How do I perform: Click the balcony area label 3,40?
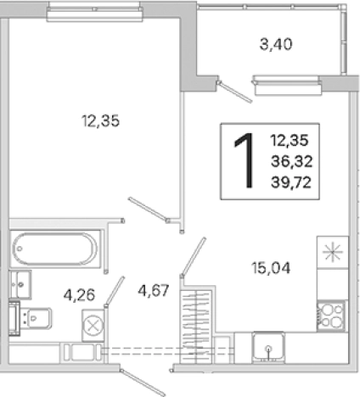276,45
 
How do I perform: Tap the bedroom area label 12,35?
101,121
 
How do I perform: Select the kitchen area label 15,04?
271,268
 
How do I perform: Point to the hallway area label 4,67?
154,290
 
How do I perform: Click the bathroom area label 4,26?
79,295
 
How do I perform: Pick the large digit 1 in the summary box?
245,160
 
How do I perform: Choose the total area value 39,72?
291,182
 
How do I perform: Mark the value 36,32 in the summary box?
291,161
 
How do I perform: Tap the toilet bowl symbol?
37,318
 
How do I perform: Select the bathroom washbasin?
20,284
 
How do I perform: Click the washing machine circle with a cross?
93,326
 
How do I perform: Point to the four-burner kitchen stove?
331,316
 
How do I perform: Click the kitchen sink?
269,348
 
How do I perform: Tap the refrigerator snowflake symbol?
333,252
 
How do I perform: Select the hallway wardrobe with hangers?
196,324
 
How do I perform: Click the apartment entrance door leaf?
142,383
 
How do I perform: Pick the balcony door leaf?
234,92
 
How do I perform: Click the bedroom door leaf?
148,210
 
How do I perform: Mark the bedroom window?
95,13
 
